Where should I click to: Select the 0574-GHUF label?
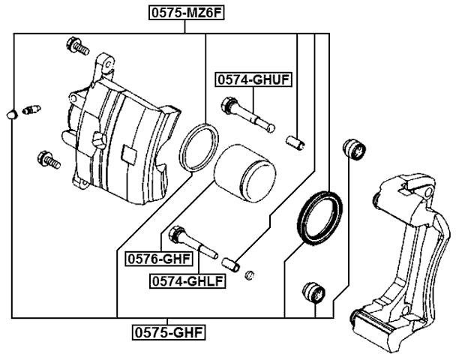[253, 79]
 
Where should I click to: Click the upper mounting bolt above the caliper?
[77, 46]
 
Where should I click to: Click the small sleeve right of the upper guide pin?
[296, 140]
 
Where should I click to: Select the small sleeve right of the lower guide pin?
[232, 262]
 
